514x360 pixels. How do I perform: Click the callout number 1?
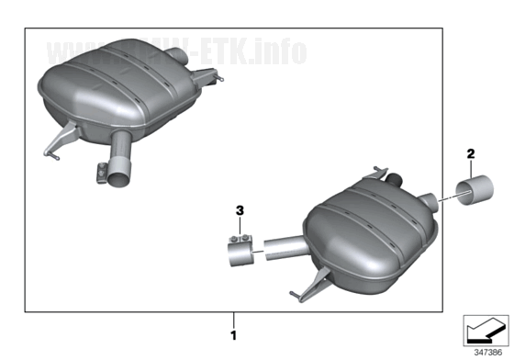[234, 335]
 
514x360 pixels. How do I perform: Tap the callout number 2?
[471, 153]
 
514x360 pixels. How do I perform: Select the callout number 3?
[240, 210]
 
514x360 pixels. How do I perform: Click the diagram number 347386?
[486, 352]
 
